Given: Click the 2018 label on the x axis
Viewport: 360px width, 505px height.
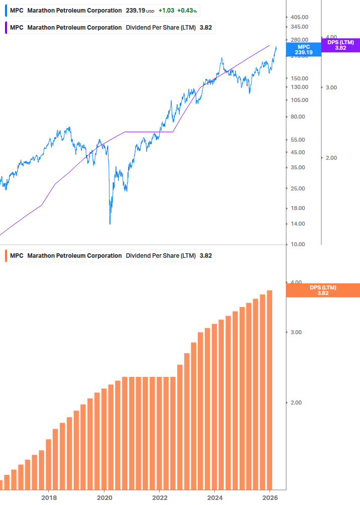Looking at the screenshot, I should [49, 498].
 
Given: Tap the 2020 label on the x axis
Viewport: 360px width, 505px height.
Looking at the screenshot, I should [104, 498].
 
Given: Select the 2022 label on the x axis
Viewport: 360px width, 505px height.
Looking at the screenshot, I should [159, 498].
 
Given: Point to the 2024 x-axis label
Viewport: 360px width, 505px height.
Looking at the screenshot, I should [214, 498].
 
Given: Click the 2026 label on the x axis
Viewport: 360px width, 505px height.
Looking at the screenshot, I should [270, 498].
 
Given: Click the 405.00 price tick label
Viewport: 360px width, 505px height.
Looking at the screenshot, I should [299, 17].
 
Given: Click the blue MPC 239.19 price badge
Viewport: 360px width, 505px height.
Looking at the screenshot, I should [303, 49].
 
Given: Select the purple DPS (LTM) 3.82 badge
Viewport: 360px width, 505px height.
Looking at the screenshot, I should [340, 45].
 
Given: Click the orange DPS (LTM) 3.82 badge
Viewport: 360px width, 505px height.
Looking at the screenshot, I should [322, 290].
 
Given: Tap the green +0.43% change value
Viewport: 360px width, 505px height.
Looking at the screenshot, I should [187, 11].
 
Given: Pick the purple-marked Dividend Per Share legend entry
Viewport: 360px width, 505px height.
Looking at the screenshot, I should [109, 28].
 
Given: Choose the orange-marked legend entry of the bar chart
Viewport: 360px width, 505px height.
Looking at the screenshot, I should [109, 255].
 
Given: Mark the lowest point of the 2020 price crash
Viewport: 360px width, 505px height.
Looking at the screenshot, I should [110, 224].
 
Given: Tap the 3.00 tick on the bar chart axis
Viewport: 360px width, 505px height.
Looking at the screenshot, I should [296, 332].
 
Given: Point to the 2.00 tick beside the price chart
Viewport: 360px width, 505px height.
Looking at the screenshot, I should [331, 158].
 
